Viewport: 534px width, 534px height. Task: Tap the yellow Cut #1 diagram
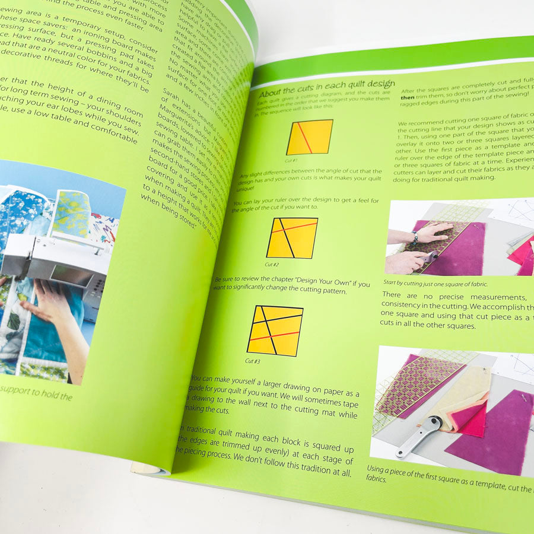click(x=309, y=137)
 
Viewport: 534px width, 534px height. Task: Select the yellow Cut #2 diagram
click(x=291, y=237)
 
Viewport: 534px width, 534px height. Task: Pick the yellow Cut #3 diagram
click(x=275, y=330)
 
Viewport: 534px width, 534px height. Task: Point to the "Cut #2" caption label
click(x=272, y=264)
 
